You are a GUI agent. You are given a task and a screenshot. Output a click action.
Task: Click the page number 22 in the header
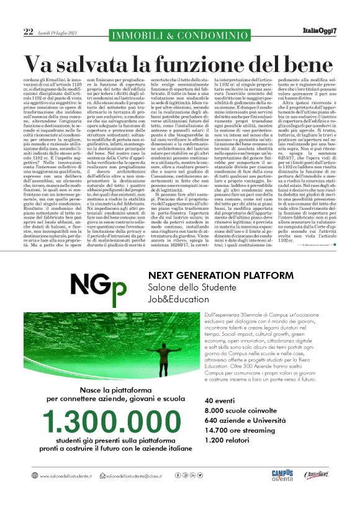point(28,31)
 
